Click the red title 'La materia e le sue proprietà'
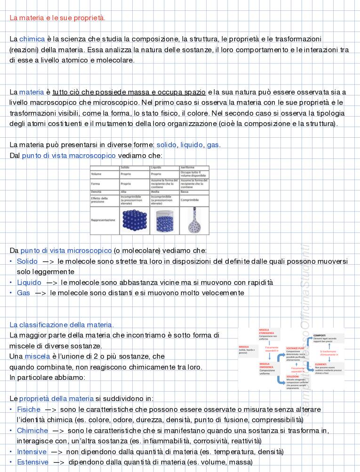tap(57, 18)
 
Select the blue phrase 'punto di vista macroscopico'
tap(69, 156)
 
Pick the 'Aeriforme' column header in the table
tap(188, 168)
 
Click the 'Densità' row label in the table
tap(96, 192)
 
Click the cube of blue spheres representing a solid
tap(135, 220)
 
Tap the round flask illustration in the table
tap(194, 221)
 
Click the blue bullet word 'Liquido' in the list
tap(29, 283)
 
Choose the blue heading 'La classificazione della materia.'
tap(62, 325)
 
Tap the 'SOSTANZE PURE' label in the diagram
tap(295, 348)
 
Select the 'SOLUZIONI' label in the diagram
tap(292, 377)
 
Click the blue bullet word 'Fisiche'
tap(29, 409)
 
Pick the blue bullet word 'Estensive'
tap(32, 462)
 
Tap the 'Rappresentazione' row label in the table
tap(103, 220)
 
